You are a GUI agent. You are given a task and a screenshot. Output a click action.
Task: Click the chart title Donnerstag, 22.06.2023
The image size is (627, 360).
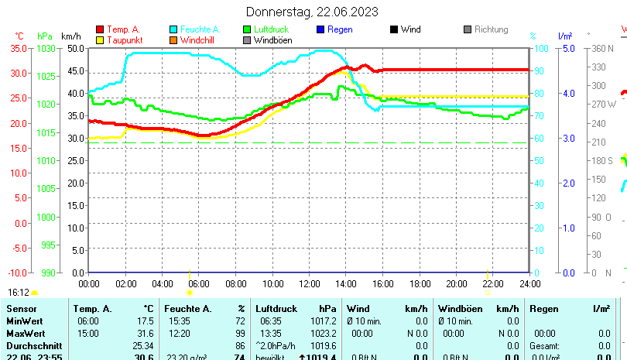coord(312,12)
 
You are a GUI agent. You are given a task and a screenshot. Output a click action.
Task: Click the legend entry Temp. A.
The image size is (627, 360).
coord(123,29)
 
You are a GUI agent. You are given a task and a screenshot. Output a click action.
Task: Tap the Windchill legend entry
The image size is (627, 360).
coord(199,40)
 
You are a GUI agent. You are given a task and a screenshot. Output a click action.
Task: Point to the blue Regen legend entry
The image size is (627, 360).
coord(340,29)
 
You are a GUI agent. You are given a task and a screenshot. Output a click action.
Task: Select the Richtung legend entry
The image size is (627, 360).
coord(491,29)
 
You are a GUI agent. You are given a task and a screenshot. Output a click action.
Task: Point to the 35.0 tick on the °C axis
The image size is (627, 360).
coord(18,48)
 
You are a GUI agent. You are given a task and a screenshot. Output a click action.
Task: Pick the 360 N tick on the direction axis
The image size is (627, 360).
coord(603,48)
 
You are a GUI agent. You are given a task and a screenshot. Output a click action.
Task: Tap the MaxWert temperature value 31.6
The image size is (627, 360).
coord(144,333)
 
